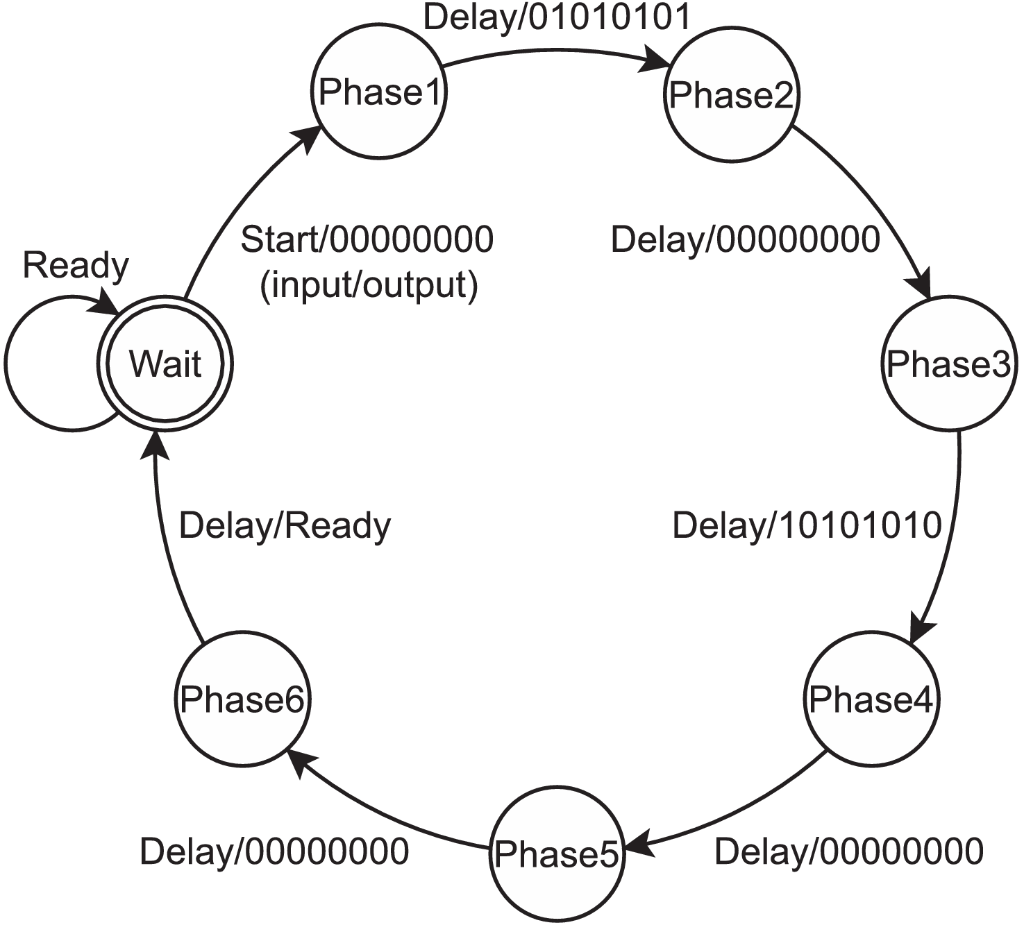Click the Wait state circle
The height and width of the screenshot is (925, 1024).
tap(165, 364)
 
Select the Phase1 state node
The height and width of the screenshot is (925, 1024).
tap(378, 92)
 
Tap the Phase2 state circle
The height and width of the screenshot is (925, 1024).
tap(731, 96)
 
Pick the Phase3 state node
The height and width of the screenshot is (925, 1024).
tap(948, 364)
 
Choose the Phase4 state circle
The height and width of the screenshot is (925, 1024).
tap(871, 699)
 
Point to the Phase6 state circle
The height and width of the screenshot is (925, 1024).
tap(242, 699)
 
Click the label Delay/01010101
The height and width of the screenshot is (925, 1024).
tap(557, 17)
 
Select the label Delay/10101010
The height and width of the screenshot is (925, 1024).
tap(807, 525)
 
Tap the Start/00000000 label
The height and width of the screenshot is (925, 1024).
tap(367, 240)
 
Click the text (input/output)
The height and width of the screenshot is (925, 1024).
tap(369, 285)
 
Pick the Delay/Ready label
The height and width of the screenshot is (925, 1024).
tap(285, 527)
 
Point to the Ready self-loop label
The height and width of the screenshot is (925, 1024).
tap(76, 266)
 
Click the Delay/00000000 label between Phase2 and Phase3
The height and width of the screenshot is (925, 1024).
tap(745, 240)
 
